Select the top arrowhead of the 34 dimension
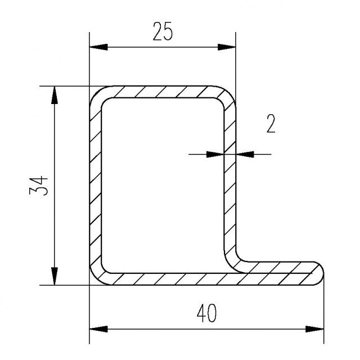[55, 94]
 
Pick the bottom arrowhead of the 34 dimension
[55, 277]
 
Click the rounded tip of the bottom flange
[321, 273]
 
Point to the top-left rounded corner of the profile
[96, 93]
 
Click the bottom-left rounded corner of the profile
[96, 278]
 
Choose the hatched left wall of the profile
[95, 186]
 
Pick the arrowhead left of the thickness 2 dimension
[216, 153]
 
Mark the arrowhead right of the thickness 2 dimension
[243, 153]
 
